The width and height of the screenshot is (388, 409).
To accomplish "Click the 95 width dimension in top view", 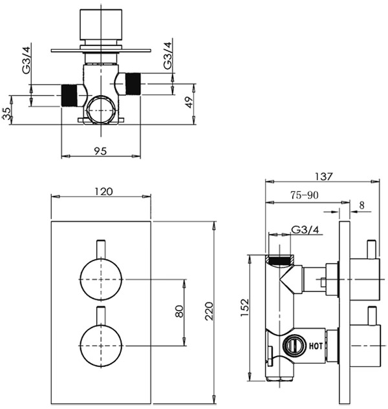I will (100, 151).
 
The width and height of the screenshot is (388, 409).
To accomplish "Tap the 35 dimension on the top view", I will (7, 114).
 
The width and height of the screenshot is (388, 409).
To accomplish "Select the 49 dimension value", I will (188, 103).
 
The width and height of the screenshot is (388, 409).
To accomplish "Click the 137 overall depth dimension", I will (325, 176).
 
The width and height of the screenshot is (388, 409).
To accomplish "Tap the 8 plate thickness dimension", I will (361, 206).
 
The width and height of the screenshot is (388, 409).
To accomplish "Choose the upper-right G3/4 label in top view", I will (167, 56).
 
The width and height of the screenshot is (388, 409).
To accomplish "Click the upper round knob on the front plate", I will (100, 279).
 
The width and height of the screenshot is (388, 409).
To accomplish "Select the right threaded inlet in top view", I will (133, 84).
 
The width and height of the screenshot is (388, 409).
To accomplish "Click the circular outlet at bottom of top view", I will (100, 110).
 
